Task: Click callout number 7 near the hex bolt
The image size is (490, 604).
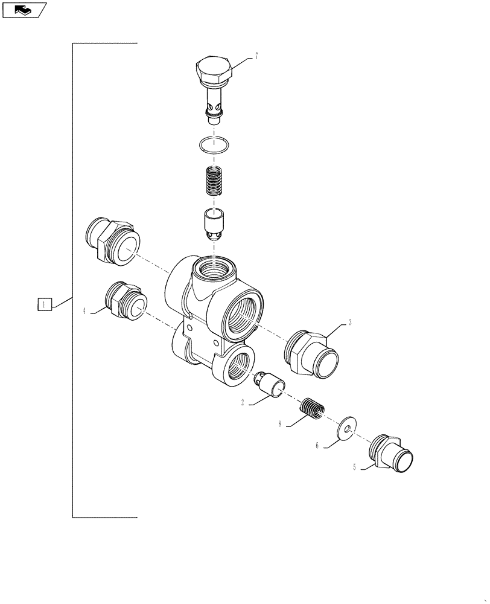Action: coord(256,56)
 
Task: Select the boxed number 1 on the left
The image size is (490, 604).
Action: coord(44,304)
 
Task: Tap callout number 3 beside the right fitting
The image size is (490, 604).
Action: coord(349,323)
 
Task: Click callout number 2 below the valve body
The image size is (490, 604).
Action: coord(243,402)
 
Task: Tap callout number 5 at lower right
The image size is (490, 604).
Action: coord(354,466)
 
